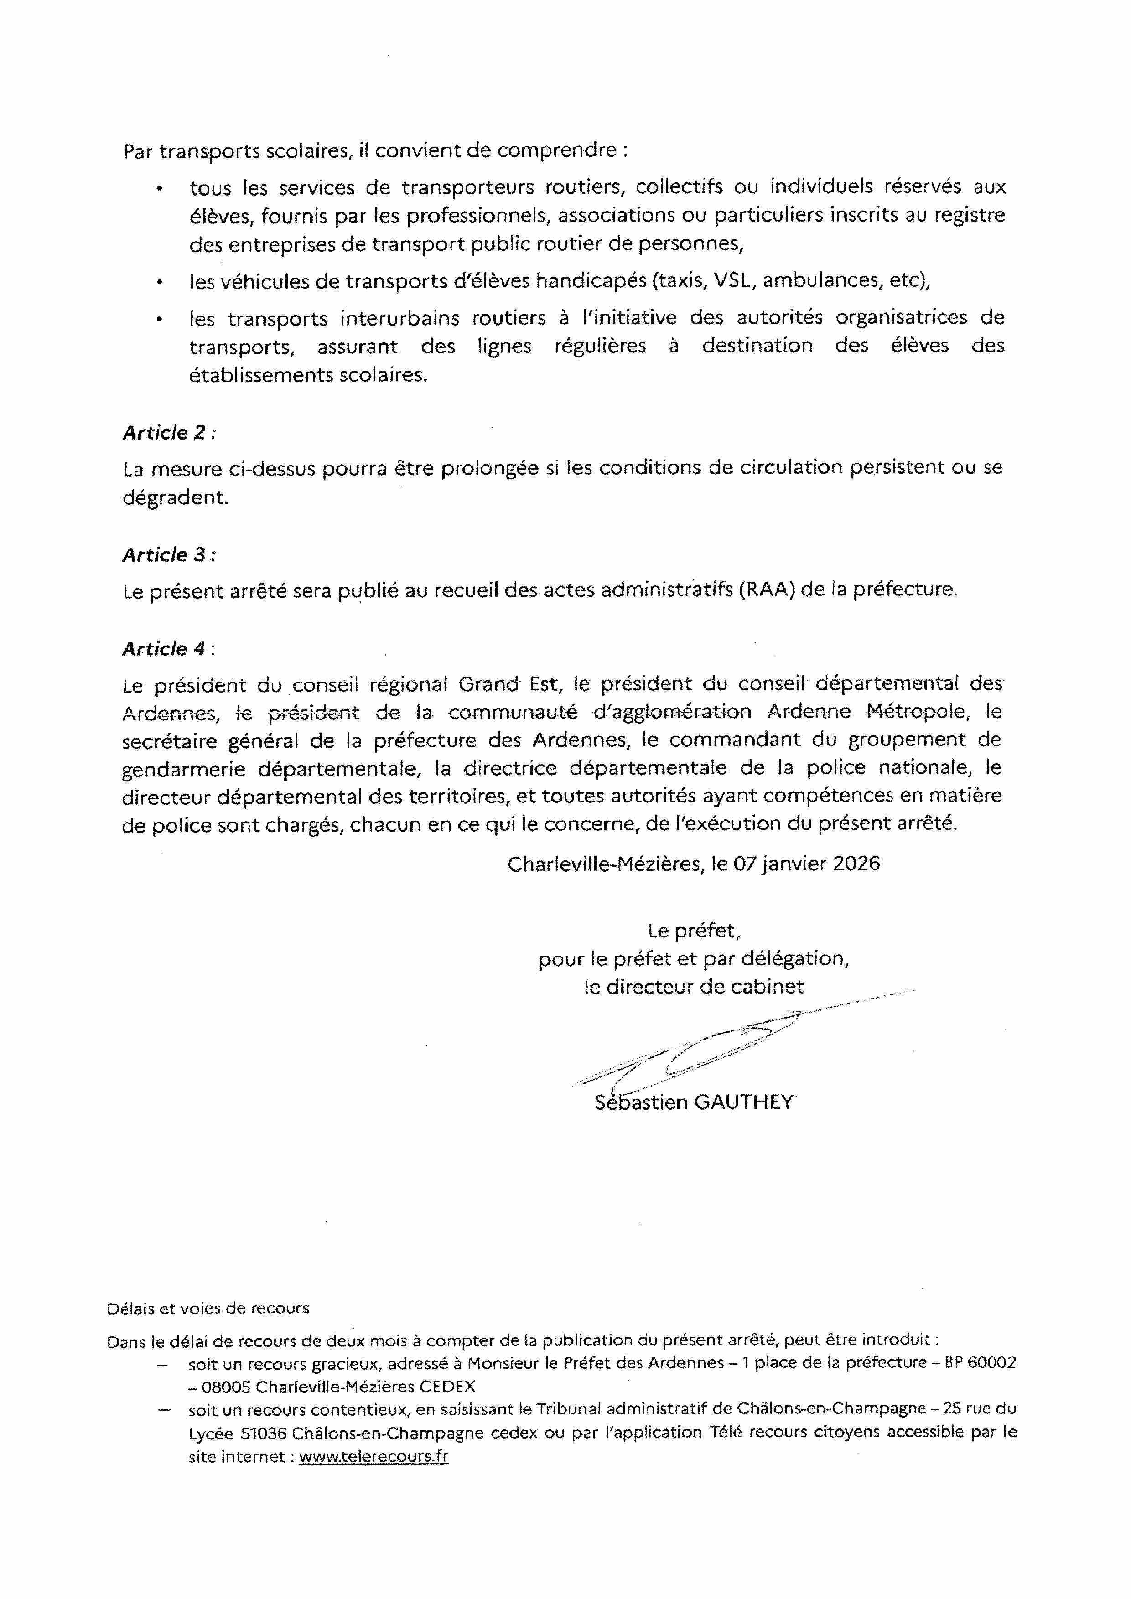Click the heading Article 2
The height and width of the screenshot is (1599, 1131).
(x=169, y=433)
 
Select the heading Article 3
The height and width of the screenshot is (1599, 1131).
(x=169, y=554)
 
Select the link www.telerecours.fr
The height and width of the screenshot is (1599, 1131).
(x=374, y=1456)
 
